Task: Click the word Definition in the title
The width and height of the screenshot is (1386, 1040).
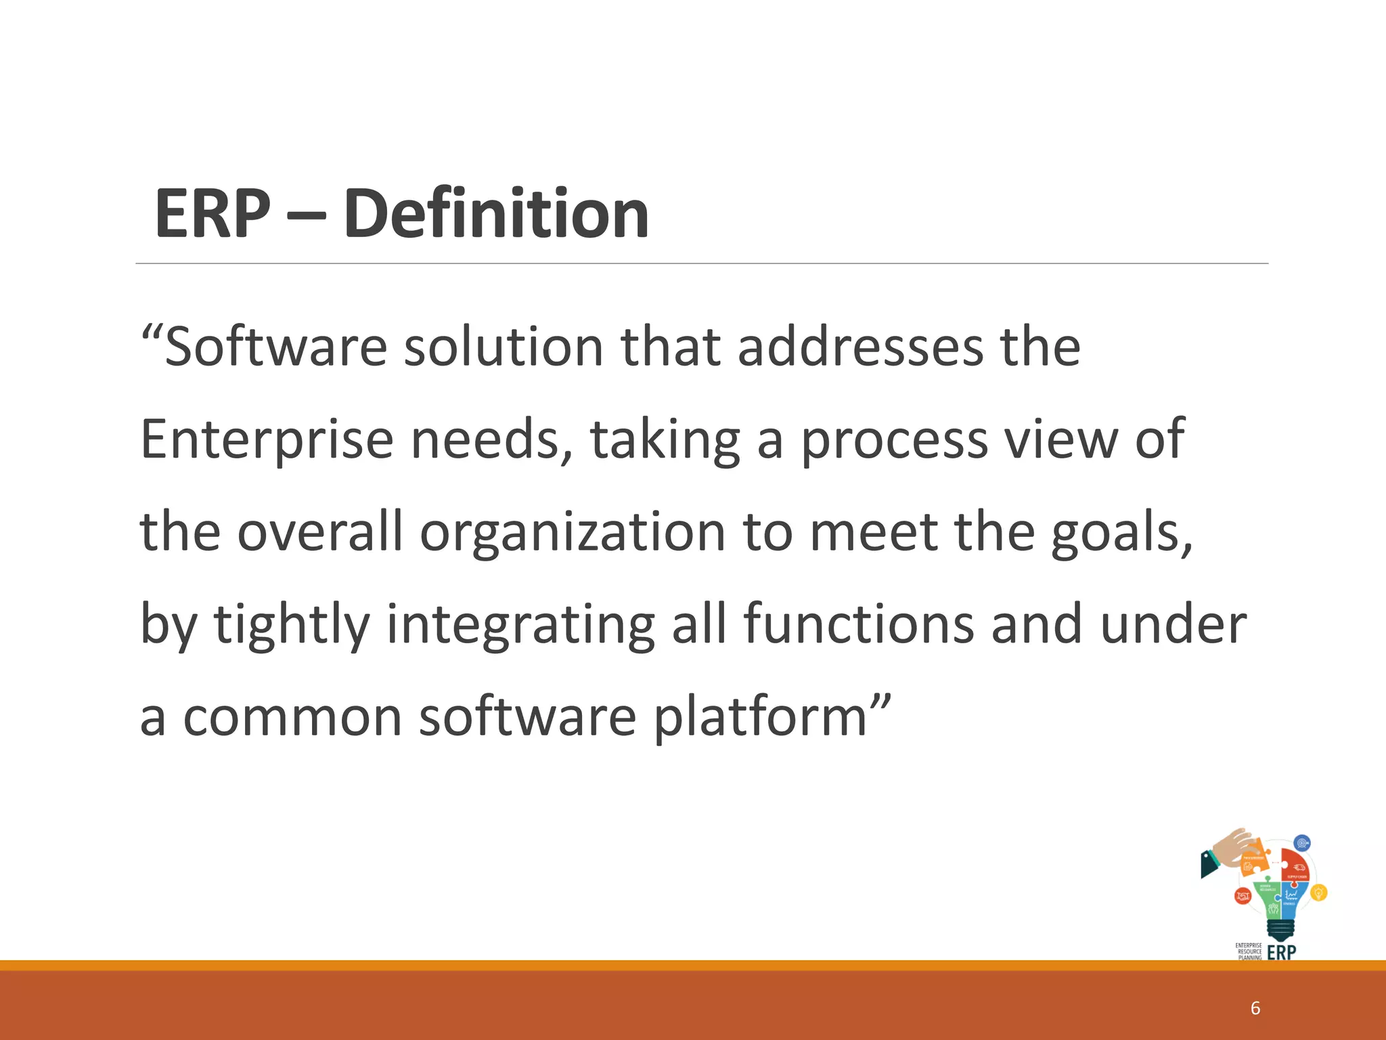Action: coord(496,214)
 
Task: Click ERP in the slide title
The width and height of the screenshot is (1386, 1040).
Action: coord(213,214)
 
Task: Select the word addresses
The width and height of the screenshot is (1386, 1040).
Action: coord(859,347)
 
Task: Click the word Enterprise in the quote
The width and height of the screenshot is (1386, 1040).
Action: coord(267,440)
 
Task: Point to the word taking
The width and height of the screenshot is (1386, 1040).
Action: coord(665,440)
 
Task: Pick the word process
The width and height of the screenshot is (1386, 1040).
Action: coord(894,440)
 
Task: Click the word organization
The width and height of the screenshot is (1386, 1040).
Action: coord(572,532)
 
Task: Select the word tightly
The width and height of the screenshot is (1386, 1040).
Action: coord(292,624)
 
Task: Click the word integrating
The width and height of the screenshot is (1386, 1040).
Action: coord(520,624)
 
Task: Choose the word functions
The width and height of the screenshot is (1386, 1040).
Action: coord(859,624)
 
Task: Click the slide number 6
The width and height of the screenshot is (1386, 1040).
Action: coord(1255,1008)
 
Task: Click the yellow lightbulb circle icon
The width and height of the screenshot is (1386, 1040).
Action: coord(1318,893)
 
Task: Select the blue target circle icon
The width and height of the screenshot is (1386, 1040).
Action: coord(1302,843)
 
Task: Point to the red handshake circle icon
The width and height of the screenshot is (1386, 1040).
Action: coord(1243,896)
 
